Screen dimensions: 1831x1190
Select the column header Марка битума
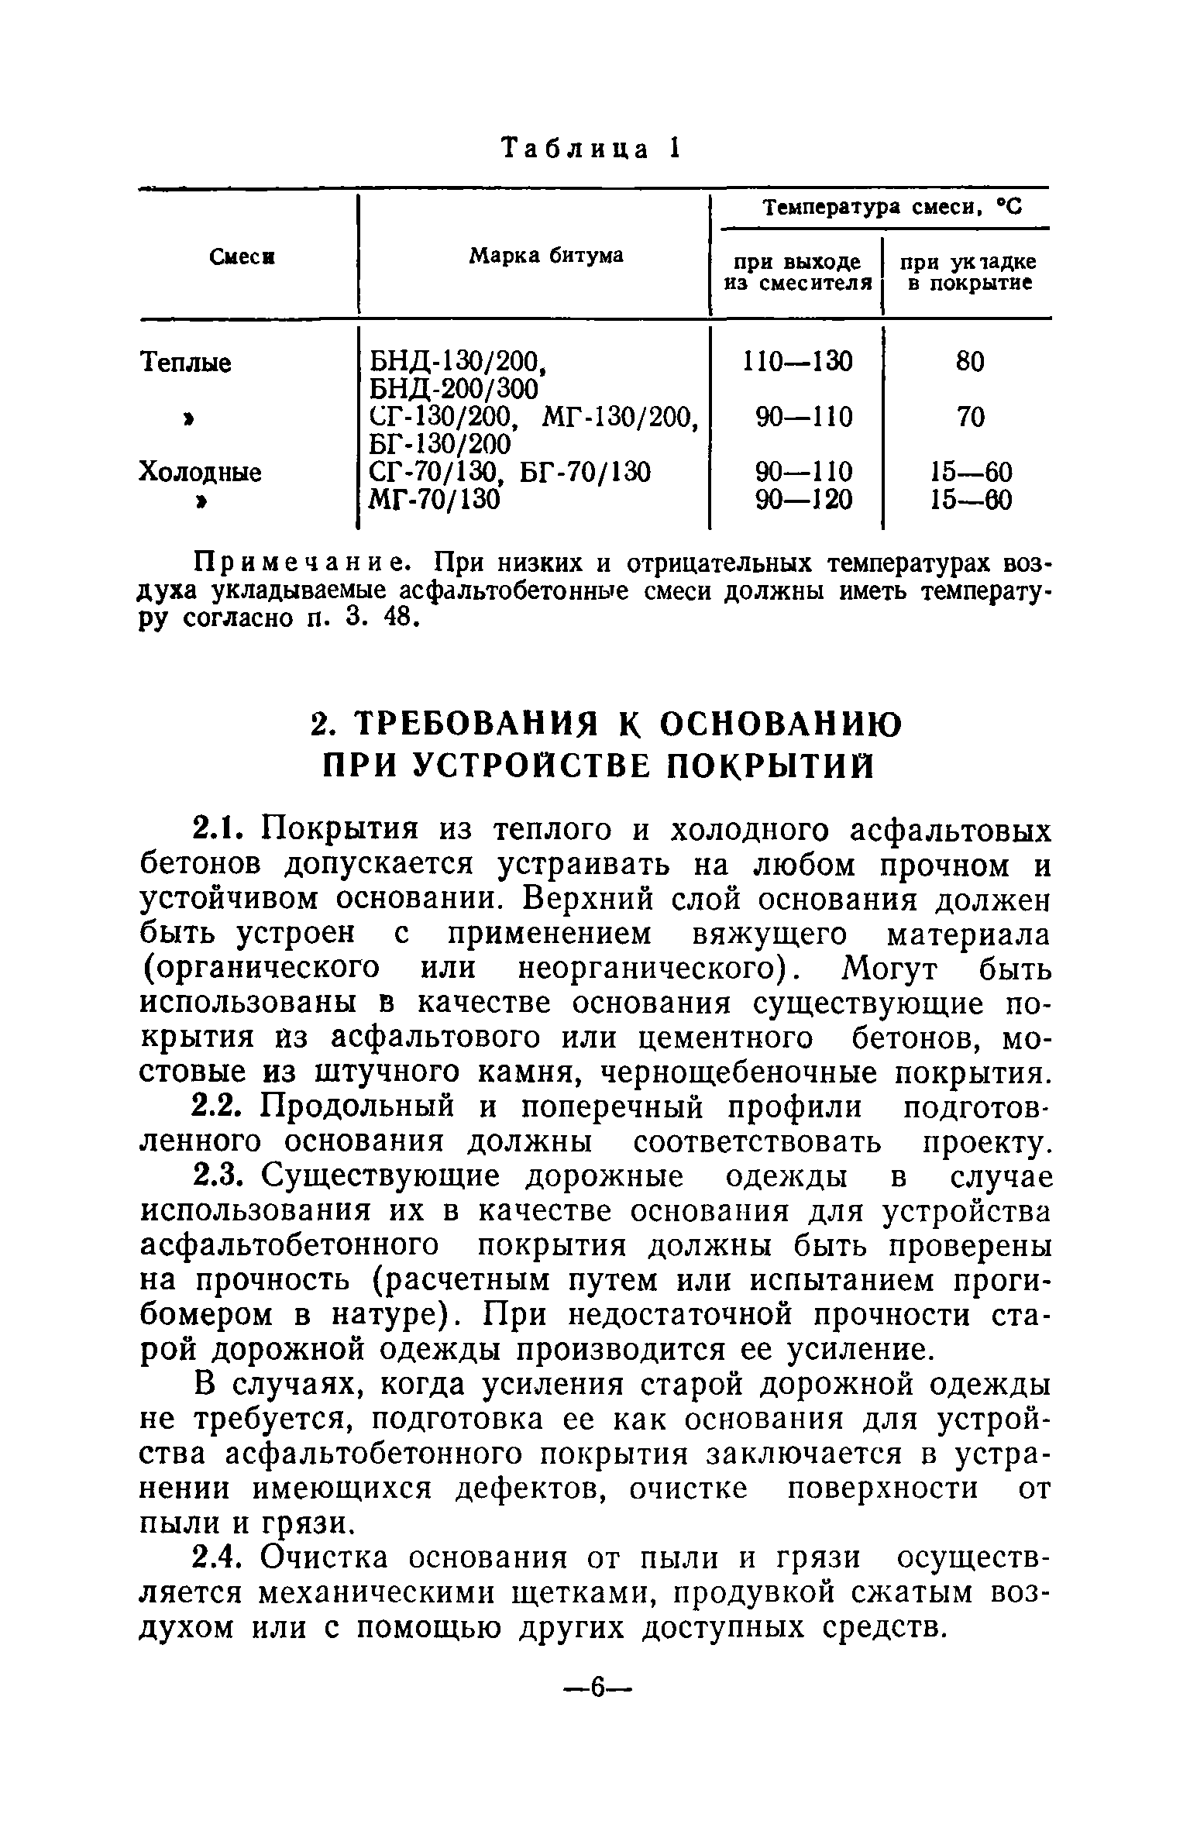click(546, 255)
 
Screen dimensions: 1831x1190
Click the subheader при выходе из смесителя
click(796, 273)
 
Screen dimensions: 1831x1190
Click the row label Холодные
click(200, 472)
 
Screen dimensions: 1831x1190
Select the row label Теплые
click(185, 362)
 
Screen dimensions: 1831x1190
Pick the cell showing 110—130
click(797, 361)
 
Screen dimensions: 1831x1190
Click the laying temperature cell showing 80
click(970, 361)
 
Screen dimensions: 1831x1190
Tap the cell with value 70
click(970, 418)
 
